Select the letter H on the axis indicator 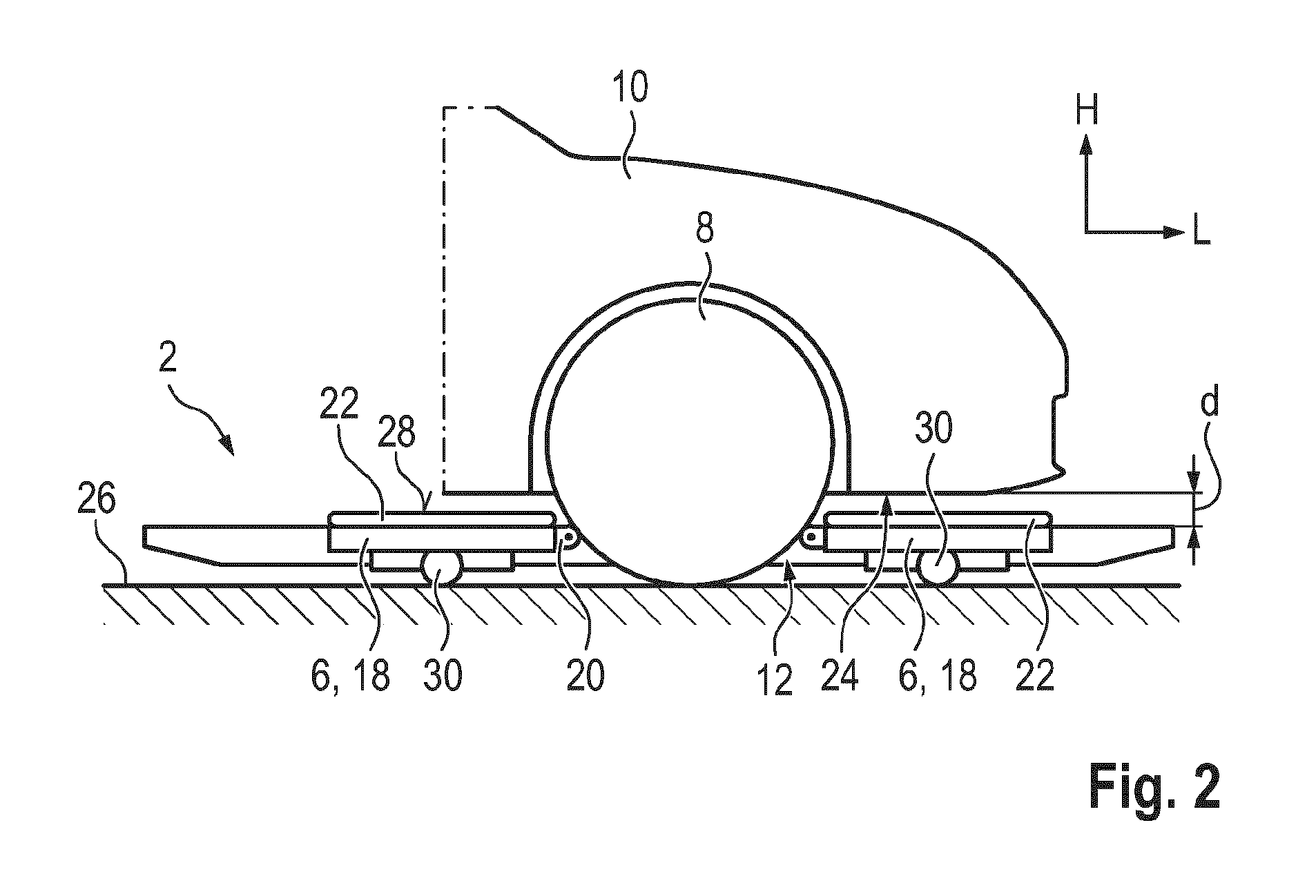click(1086, 110)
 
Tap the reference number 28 click(398, 434)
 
